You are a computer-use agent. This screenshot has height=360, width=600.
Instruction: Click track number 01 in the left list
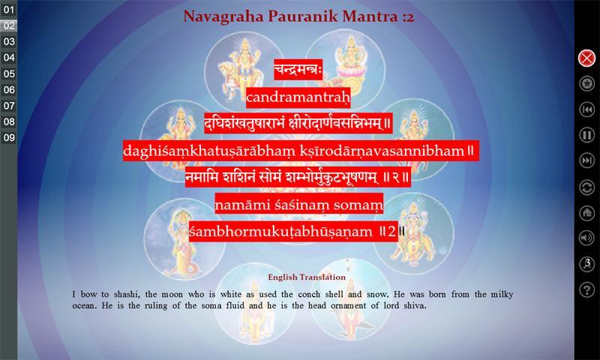tap(8, 10)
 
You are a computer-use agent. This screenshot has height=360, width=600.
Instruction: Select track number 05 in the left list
tap(8, 73)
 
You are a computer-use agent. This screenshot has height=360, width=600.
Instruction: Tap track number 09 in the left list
tap(8, 138)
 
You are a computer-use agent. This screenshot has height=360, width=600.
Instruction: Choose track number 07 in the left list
tap(8, 106)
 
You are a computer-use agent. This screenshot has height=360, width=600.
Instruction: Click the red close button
tap(586, 58)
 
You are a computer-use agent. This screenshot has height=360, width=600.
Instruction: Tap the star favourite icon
tap(586, 84)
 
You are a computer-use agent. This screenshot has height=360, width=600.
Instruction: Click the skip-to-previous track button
tap(586, 109)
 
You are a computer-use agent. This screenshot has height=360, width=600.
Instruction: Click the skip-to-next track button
tap(586, 160)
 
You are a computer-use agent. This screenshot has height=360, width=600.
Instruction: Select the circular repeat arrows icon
tap(586, 187)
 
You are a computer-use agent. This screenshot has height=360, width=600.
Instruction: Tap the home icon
tap(586, 213)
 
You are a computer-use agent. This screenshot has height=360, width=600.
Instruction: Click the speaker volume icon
tap(586, 238)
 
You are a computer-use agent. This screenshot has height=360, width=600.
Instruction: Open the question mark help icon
tap(586, 289)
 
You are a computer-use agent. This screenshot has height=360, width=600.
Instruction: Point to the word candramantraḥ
tap(298, 98)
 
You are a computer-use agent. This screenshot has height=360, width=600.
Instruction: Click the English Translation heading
tap(307, 277)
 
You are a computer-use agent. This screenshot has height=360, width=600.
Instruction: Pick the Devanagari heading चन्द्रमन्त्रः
tap(298, 70)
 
